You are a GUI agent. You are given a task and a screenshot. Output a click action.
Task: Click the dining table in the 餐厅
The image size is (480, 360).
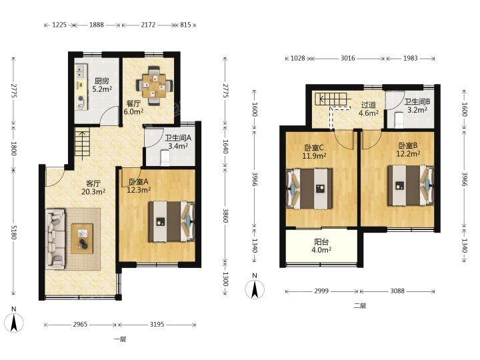(155, 86)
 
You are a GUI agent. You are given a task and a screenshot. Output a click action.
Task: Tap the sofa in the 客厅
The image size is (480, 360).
(55, 239)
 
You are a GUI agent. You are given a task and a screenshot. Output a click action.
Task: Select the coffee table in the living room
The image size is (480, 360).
(82, 239)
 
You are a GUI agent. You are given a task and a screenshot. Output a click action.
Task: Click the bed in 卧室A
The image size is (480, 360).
(172, 221)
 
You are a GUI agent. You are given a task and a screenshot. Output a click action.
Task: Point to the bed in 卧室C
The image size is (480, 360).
(309, 189)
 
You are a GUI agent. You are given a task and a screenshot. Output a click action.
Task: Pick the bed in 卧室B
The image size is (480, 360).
(411, 185)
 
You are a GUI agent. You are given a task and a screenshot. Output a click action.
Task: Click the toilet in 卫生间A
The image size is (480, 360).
(165, 157)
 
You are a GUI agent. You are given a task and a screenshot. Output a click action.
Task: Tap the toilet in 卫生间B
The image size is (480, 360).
(399, 120)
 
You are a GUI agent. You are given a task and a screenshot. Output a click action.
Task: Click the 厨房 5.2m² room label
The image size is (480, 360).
(101, 85)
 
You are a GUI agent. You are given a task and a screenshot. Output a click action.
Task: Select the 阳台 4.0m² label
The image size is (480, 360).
(321, 246)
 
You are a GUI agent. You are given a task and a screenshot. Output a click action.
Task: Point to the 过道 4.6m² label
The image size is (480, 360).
(368, 109)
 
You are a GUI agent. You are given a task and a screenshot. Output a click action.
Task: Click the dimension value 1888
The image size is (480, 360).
(97, 25)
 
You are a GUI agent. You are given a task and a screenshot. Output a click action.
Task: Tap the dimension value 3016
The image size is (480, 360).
(348, 58)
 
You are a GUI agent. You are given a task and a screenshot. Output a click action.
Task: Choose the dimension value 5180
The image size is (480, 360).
(13, 232)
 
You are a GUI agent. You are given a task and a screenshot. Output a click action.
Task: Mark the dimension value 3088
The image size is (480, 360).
(397, 291)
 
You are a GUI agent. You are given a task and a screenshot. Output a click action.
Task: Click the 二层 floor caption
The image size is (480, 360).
(360, 305)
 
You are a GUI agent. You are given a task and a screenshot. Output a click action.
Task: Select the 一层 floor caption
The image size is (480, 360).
(120, 339)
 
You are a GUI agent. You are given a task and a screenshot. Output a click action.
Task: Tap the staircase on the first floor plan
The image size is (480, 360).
(82, 144)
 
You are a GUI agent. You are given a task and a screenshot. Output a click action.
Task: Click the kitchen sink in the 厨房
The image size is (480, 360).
(81, 71)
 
